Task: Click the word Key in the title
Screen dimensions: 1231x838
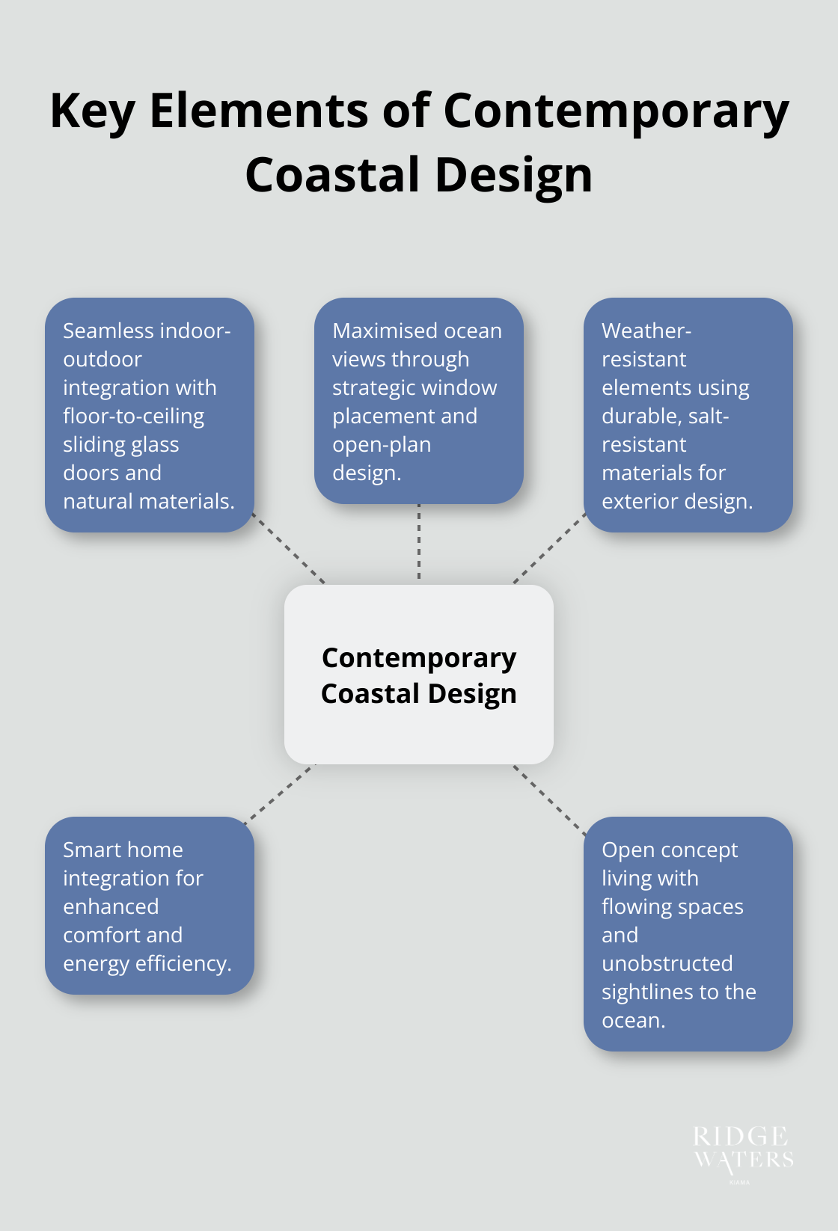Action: pyautogui.click(x=92, y=112)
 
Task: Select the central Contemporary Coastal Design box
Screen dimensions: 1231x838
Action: pyautogui.click(x=419, y=675)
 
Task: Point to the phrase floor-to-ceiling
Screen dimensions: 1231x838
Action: pyautogui.click(x=133, y=416)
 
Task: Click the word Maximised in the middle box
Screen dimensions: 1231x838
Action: pyautogui.click(x=375, y=331)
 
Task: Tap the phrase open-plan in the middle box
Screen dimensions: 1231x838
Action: pyautogui.click(x=382, y=444)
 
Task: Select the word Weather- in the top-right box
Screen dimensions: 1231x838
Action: pyautogui.click(x=646, y=331)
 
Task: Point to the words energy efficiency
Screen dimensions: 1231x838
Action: pyautogui.click(x=147, y=963)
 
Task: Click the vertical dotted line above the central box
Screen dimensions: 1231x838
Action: pyautogui.click(x=419, y=544)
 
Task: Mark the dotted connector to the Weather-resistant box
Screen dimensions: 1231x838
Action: pyautogui.click(x=549, y=549)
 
